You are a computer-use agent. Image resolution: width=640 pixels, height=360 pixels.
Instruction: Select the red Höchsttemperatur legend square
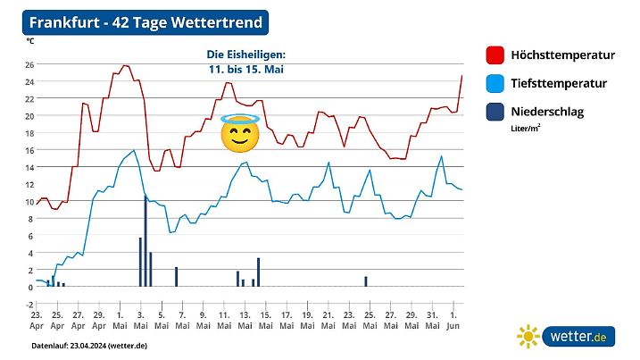coord(494,55)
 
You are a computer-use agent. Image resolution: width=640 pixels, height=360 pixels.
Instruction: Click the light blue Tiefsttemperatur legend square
coord(494,84)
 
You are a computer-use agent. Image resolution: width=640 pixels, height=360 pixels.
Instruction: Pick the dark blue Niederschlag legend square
coord(494,113)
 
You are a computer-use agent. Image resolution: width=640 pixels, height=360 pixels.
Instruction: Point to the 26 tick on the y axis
coord(29,64)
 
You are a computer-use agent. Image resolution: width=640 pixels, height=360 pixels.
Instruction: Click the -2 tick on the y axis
coord(29,304)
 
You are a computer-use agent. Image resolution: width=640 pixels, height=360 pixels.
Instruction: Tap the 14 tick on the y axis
coord(29,167)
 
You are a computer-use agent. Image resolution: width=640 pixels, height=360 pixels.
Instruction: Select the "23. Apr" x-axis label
coord(37,321)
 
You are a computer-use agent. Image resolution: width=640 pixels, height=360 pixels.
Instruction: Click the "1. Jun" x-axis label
coord(453,321)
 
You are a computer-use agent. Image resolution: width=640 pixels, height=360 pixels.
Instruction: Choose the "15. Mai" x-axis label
coord(265,321)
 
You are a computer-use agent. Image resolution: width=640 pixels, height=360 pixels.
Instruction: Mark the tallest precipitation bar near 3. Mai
coord(145,240)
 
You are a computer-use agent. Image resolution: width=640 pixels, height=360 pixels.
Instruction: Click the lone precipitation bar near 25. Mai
coord(366,281)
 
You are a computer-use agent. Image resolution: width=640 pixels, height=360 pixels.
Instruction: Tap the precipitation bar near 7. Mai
coord(177,277)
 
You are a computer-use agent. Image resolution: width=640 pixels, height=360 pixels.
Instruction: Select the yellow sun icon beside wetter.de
coord(529,336)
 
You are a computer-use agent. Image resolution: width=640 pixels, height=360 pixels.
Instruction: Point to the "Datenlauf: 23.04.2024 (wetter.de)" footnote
coord(89,345)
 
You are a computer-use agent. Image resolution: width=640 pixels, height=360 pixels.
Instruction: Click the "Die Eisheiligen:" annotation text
coord(245,54)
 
